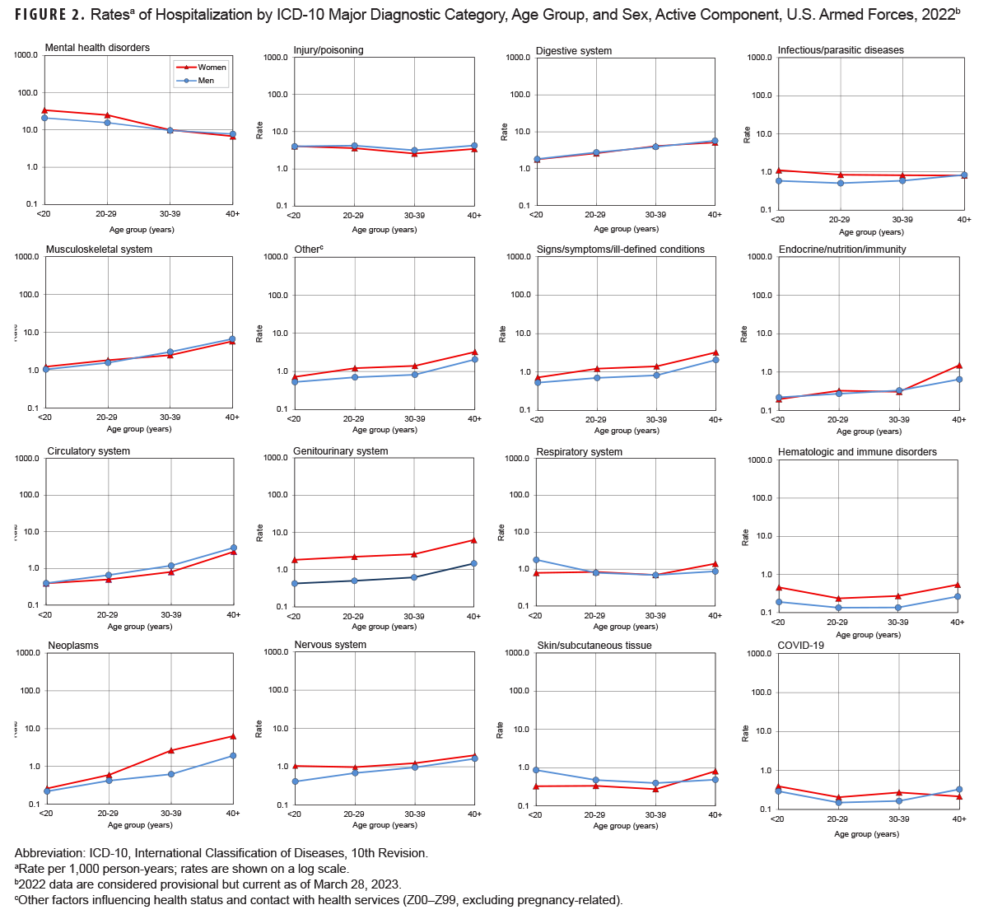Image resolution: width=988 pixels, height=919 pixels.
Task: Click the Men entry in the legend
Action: pos(206,81)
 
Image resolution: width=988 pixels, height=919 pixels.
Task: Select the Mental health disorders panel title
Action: pos(97,48)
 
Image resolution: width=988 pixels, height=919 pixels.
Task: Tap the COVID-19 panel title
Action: pos(800,646)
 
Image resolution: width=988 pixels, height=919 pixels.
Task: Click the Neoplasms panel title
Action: pos(72,646)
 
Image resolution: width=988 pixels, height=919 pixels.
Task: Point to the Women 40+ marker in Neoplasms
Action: pos(233,736)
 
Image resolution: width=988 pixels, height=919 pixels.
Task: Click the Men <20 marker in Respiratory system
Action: pos(536,560)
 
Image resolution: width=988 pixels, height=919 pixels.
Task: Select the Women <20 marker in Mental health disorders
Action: pos(45,110)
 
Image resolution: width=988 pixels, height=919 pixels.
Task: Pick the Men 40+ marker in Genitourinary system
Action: pos(474,563)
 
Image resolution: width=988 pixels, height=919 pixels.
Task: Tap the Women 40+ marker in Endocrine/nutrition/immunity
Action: pos(959,365)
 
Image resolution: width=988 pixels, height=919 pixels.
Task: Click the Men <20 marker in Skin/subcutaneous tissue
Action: pos(536,770)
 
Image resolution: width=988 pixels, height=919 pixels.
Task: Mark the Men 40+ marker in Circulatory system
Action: pos(233,548)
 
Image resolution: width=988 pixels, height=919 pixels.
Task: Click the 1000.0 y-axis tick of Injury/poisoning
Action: pos(274,58)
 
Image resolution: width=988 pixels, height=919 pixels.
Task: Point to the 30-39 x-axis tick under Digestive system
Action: pos(655,215)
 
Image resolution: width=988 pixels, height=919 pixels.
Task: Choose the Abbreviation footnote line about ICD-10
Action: pos(221,853)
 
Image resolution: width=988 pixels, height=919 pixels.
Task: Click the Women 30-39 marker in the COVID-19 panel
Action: pos(898,792)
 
